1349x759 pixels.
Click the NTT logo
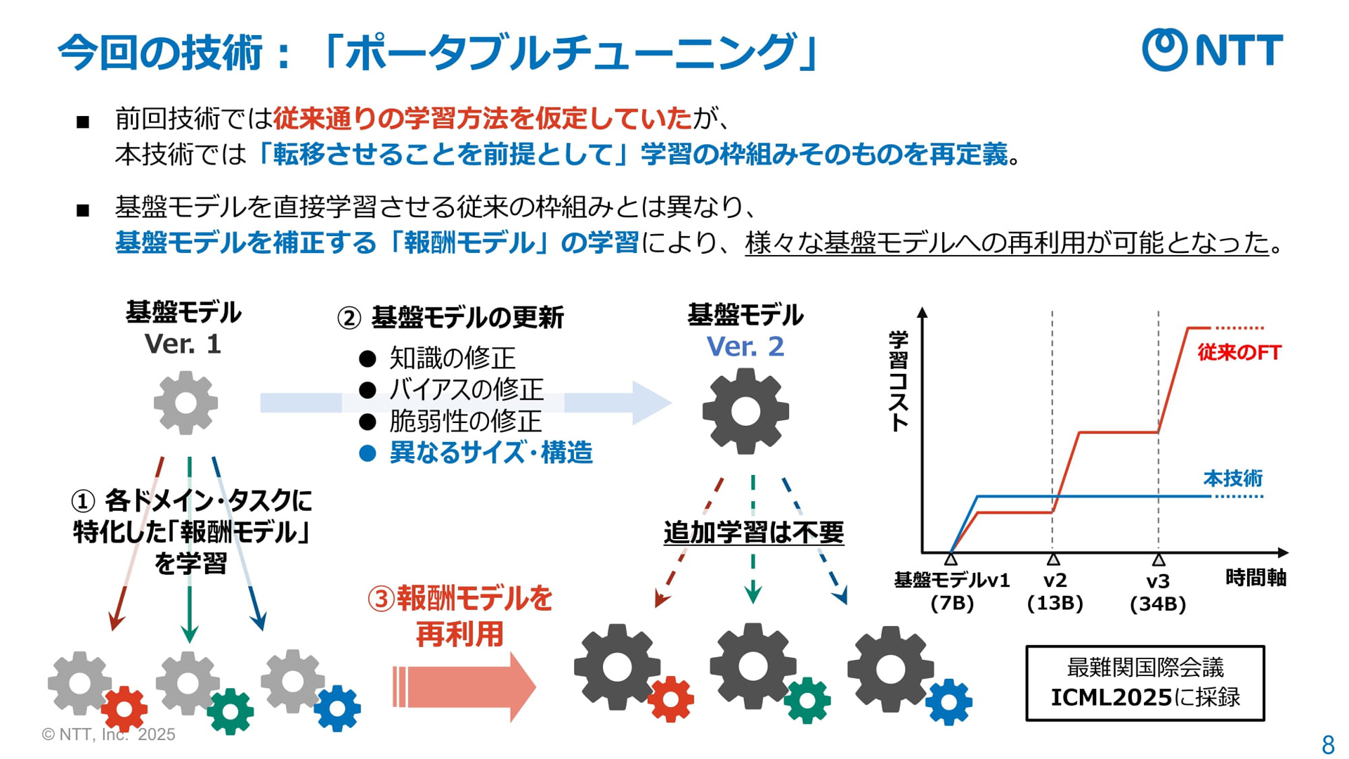(1212, 49)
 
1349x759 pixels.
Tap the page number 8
(1328, 744)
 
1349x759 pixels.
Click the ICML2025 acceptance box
(1145, 683)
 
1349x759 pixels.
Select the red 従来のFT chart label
(1239, 352)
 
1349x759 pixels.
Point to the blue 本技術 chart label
(1233, 479)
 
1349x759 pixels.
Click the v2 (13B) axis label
(1055, 592)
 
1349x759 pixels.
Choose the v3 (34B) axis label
(1158, 592)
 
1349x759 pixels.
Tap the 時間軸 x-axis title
(1256, 578)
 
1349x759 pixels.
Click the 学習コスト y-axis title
(899, 381)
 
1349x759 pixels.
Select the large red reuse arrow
(464, 687)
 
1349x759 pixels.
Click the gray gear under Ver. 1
(185, 403)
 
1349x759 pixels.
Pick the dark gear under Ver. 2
(745, 412)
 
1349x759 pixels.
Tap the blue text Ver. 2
(745, 346)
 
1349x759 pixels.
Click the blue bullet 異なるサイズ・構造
(491, 453)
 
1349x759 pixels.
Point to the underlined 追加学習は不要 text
(753, 532)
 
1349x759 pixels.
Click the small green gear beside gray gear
(230, 712)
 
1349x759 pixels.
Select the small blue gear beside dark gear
(949, 701)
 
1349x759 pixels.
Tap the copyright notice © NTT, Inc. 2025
(108, 734)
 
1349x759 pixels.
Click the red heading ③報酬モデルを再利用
(460, 616)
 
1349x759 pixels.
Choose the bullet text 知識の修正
(452, 358)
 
